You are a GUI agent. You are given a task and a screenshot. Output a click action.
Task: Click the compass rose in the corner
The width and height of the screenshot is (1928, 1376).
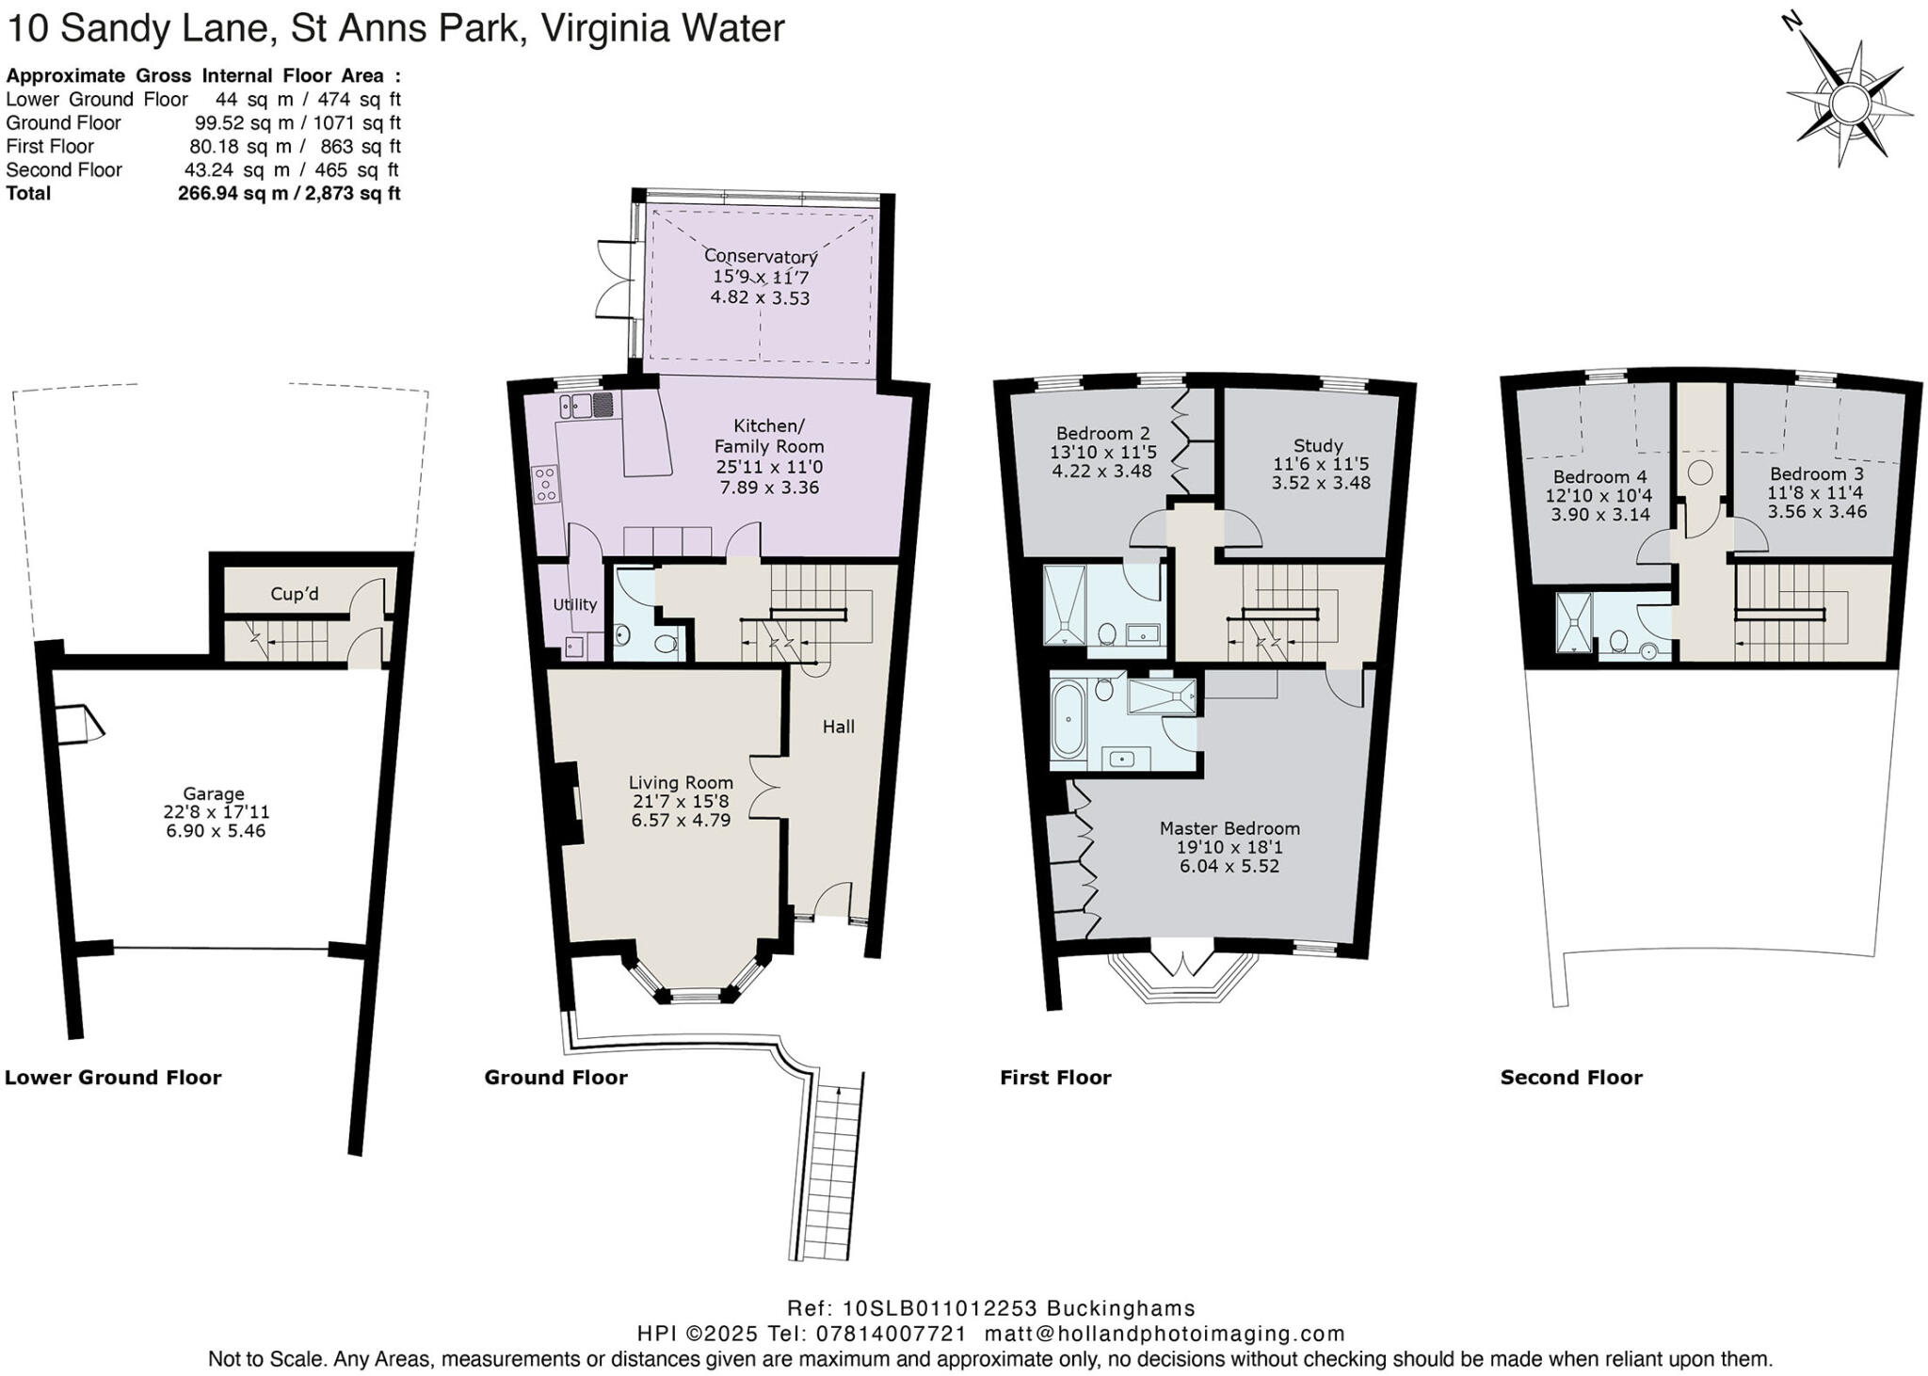pyautogui.click(x=1849, y=102)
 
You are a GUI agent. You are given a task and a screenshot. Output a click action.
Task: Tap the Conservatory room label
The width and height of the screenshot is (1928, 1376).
pyautogui.click(x=761, y=256)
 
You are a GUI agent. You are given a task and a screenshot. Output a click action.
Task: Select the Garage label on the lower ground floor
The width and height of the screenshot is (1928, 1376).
pyautogui.click(x=214, y=793)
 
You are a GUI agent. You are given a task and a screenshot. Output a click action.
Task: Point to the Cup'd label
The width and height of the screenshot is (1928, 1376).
pyautogui.click(x=295, y=594)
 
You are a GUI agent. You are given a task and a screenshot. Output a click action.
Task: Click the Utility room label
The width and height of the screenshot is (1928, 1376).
pyautogui.click(x=574, y=604)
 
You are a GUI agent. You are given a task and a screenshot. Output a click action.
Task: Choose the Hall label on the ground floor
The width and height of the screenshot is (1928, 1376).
pyautogui.click(x=839, y=727)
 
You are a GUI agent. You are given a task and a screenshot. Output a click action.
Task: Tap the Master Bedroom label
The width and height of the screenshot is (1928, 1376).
pyautogui.click(x=1229, y=828)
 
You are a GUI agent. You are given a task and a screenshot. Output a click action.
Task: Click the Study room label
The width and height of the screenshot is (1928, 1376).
pyautogui.click(x=1318, y=445)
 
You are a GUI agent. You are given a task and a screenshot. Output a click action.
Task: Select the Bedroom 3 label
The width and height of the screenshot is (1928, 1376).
pyautogui.click(x=1817, y=474)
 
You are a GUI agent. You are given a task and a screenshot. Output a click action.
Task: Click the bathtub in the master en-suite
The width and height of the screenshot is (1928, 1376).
pyautogui.click(x=1068, y=720)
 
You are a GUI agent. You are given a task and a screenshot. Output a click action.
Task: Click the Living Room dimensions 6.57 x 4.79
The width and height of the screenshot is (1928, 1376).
pyautogui.click(x=681, y=820)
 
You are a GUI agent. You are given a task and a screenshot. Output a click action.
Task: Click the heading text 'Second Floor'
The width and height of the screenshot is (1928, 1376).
pyautogui.click(x=1571, y=1078)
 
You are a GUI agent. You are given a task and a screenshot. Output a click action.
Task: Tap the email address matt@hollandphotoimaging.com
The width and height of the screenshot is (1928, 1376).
pyautogui.click(x=1165, y=1334)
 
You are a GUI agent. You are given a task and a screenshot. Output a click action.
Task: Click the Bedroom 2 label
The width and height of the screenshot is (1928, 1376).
pyautogui.click(x=1103, y=434)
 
